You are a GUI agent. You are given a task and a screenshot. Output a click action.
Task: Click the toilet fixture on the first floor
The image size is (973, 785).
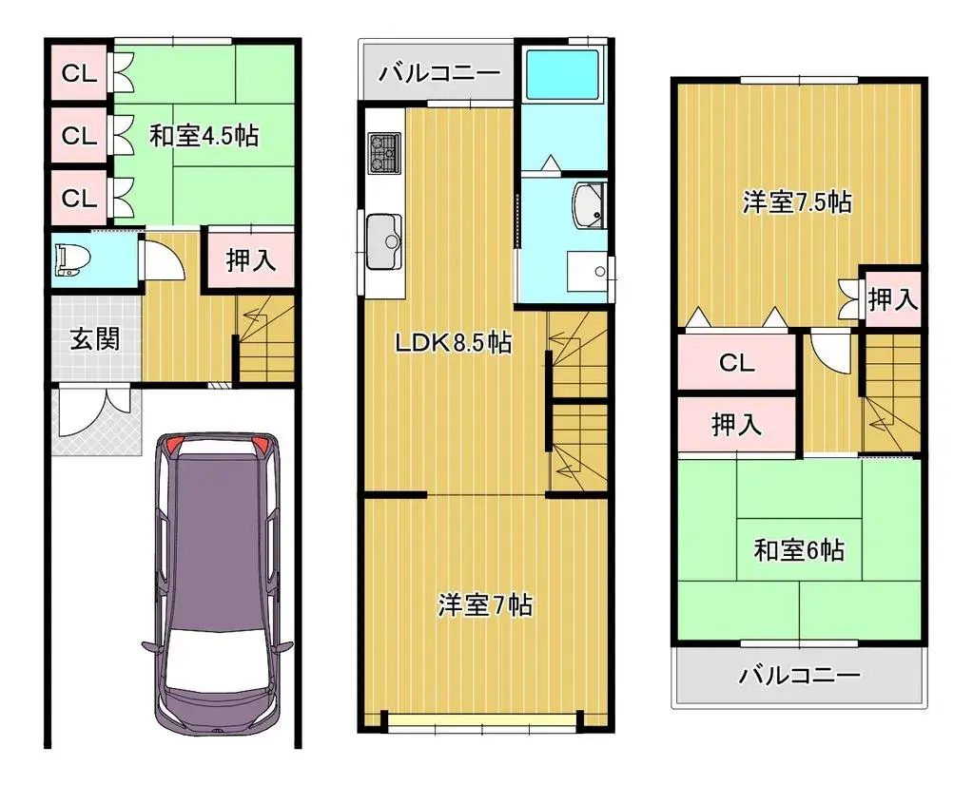click(x=72, y=260)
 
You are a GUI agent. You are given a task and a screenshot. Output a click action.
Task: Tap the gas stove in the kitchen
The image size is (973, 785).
click(x=385, y=153)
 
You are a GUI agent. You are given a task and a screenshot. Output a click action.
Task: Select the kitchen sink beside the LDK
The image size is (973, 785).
click(x=385, y=241)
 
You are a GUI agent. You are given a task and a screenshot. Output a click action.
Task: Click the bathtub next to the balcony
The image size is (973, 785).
click(x=564, y=74)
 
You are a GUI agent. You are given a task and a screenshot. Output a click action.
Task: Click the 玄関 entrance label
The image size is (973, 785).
click(x=95, y=339)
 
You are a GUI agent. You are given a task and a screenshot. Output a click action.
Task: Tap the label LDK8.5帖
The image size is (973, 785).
click(x=454, y=342)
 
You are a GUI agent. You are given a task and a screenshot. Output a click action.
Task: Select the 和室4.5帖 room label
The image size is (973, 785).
click(x=204, y=135)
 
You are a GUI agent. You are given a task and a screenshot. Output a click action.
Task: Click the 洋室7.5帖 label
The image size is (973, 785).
click(x=797, y=202)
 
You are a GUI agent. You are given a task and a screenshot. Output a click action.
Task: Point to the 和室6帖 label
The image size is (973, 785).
click(x=799, y=550)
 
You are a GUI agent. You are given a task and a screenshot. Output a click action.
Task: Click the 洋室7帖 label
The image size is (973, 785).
click(x=485, y=605)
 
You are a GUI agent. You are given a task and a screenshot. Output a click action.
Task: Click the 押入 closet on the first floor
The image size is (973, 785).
click(x=251, y=259)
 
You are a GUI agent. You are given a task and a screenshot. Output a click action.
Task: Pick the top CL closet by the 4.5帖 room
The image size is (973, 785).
click(x=80, y=73)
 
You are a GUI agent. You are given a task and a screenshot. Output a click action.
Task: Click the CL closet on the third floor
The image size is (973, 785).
click(x=736, y=362)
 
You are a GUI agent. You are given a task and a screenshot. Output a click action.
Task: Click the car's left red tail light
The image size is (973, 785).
click(x=173, y=444)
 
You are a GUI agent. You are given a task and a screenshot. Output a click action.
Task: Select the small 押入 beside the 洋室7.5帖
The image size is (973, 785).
click(x=892, y=299)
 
